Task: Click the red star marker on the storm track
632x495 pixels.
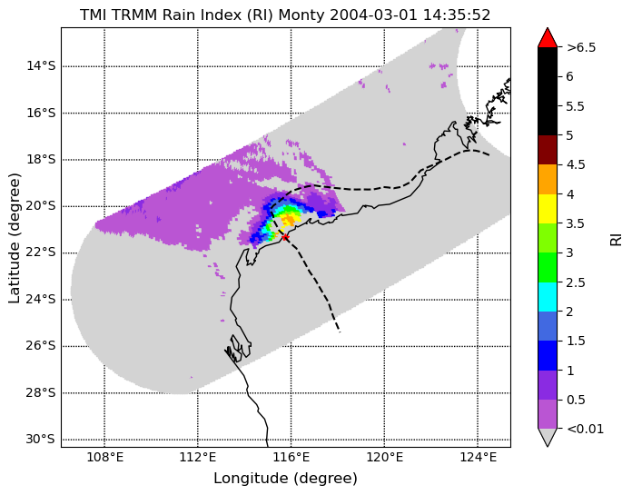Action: click(x=285, y=237)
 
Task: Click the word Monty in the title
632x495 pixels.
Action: click(x=301, y=15)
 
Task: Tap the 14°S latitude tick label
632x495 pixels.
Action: click(x=41, y=65)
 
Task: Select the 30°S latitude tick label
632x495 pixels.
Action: click(x=41, y=439)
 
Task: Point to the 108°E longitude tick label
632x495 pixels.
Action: click(x=105, y=458)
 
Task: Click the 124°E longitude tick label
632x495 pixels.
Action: click(x=478, y=458)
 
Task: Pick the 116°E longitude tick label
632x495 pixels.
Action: click(x=291, y=458)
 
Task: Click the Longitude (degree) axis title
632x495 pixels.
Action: click(x=285, y=479)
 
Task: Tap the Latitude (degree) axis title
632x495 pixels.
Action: click(x=14, y=238)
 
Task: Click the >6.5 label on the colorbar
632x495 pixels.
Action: click(x=581, y=47)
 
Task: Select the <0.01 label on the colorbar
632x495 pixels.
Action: click(x=586, y=429)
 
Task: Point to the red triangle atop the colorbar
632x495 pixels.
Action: click(x=548, y=37)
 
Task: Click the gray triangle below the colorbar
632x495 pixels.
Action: click(x=548, y=438)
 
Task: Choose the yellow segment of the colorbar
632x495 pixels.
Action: click(x=548, y=209)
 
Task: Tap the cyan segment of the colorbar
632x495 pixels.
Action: click(x=548, y=297)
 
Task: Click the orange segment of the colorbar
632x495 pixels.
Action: click(x=548, y=179)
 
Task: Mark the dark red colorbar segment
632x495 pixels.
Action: click(x=548, y=150)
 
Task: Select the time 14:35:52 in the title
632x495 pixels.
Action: click(x=457, y=15)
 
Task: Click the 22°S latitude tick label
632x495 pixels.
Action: click(x=41, y=252)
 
